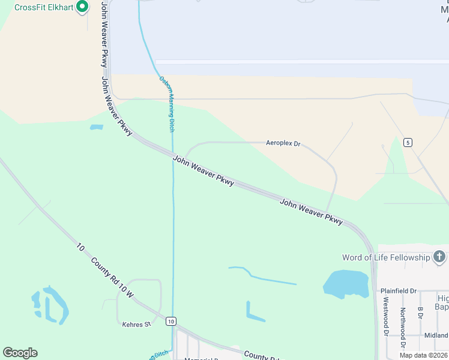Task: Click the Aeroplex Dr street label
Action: tap(283, 144)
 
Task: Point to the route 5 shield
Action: tap(408, 142)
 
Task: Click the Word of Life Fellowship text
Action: tap(386, 258)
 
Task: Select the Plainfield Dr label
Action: tap(399, 291)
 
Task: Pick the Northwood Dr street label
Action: tap(403, 322)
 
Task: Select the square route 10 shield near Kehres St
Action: tap(171, 322)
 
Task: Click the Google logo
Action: tap(20, 353)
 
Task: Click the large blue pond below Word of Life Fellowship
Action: tap(346, 283)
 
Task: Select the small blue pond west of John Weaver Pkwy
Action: tap(96, 127)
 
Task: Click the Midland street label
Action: tap(435, 335)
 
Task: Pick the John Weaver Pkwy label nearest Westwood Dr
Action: tap(311, 212)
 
